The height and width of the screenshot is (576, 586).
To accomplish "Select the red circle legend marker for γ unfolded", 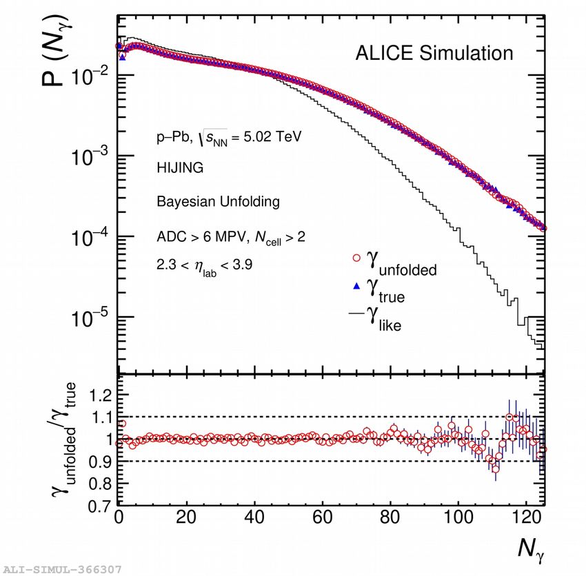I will click(x=356, y=258).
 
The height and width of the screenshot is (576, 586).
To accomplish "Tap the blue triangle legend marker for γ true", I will click(x=356, y=286).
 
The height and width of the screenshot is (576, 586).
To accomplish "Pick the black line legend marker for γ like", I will click(x=356, y=314).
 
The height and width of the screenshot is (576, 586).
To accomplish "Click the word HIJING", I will click(x=180, y=167).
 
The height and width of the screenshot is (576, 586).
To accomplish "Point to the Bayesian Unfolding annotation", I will click(x=218, y=202).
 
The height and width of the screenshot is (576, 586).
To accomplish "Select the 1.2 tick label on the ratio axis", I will click(x=97, y=395).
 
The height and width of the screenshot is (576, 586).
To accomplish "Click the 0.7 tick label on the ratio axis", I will click(x=97, y=506).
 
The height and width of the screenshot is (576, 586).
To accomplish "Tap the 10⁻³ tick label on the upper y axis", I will click(x=90, y=156).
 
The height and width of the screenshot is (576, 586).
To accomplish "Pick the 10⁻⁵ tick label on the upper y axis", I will click(x=90, y=316).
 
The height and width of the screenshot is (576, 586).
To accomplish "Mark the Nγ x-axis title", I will click(x=532, y=549).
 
